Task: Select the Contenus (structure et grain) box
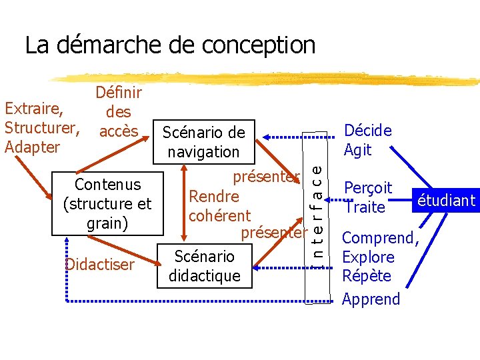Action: [x=107, y=203]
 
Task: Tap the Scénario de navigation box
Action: [x=204, y=142]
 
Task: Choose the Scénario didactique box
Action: [x=204, y=265]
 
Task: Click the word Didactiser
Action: [x=100, y=265]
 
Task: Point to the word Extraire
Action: [x=34, y=108]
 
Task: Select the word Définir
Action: [x=119, y=94]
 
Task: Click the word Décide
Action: [x=367, y=131]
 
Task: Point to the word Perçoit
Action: [x=368, y=189]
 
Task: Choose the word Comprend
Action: [x=379, y=238]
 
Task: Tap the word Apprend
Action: [x=371, y=299]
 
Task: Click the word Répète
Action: [x=366, y=276]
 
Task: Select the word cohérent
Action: [x=219, y=215]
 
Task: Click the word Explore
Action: [x=368, y=257]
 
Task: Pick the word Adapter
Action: [x=32, y=146]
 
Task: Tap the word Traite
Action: [x=365, y=207]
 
